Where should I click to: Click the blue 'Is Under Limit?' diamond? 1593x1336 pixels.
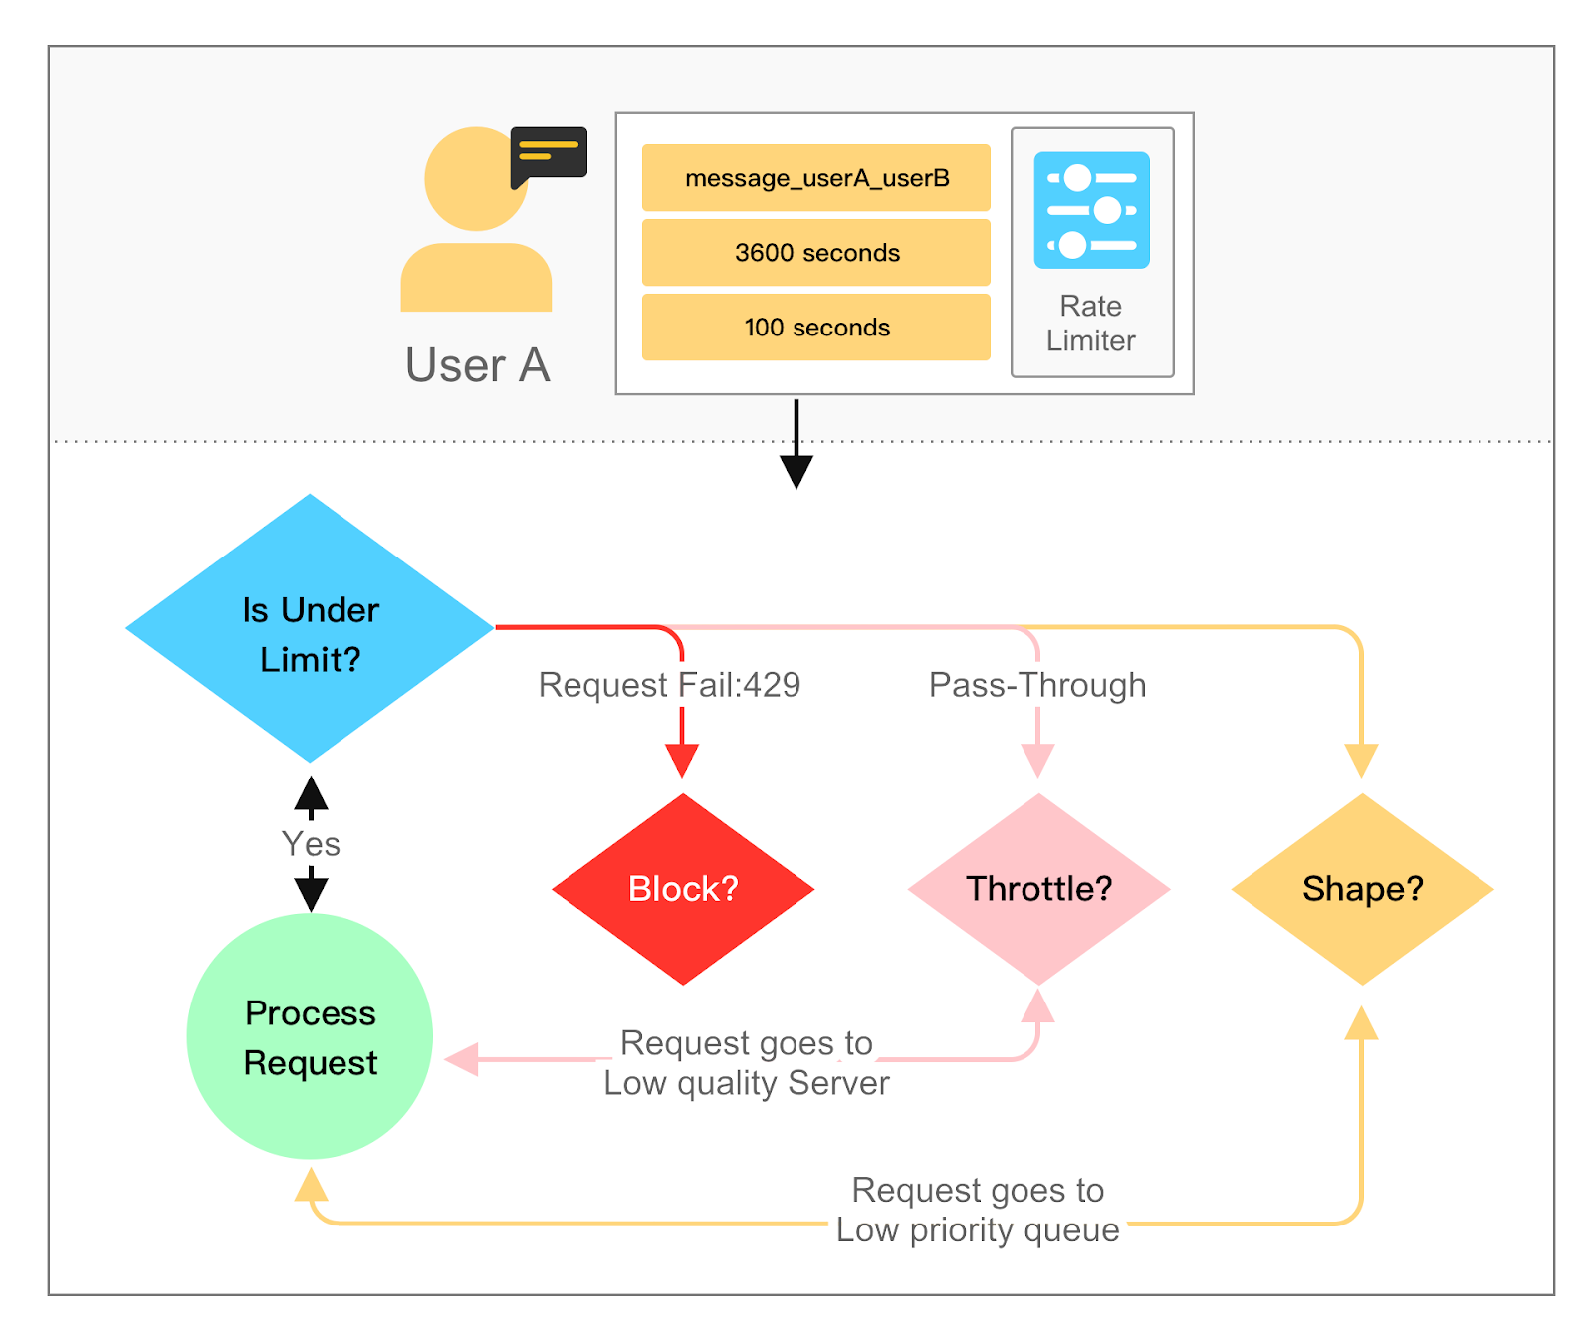click(x=310, y=629)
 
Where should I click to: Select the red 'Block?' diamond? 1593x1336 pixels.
click(x=683, y=889)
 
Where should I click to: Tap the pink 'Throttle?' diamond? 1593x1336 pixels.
click(x=1038, y=889)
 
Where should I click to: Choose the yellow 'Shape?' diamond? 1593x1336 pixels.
click(x=1362, y=889)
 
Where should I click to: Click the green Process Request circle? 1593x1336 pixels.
click(x=310, y=1036)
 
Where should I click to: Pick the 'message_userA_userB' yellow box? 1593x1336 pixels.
click(x=815, y=178)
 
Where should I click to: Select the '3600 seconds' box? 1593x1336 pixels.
click(x=815, y=253)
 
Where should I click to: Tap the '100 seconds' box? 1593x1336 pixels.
click(x=815, y=328)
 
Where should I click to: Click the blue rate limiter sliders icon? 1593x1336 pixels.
click(x=1091, y=210)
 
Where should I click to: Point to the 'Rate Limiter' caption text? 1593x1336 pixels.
click(x=1091, y=324)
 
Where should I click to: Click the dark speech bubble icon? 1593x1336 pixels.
click(x=549, y=154)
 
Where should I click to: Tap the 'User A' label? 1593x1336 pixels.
click(x=477, y=365)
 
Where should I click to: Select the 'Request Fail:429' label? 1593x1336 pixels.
click(x=669, y=685)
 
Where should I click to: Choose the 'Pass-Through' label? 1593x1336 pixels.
click(x=1037, y=685)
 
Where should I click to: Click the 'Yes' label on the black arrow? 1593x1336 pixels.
click(x=311, y=844)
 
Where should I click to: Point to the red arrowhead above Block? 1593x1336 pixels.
click(x=682, y=762)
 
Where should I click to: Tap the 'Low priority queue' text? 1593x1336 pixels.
click(x=978, y=1230)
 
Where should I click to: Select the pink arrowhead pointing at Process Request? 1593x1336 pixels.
click(x=462, y=1059)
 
